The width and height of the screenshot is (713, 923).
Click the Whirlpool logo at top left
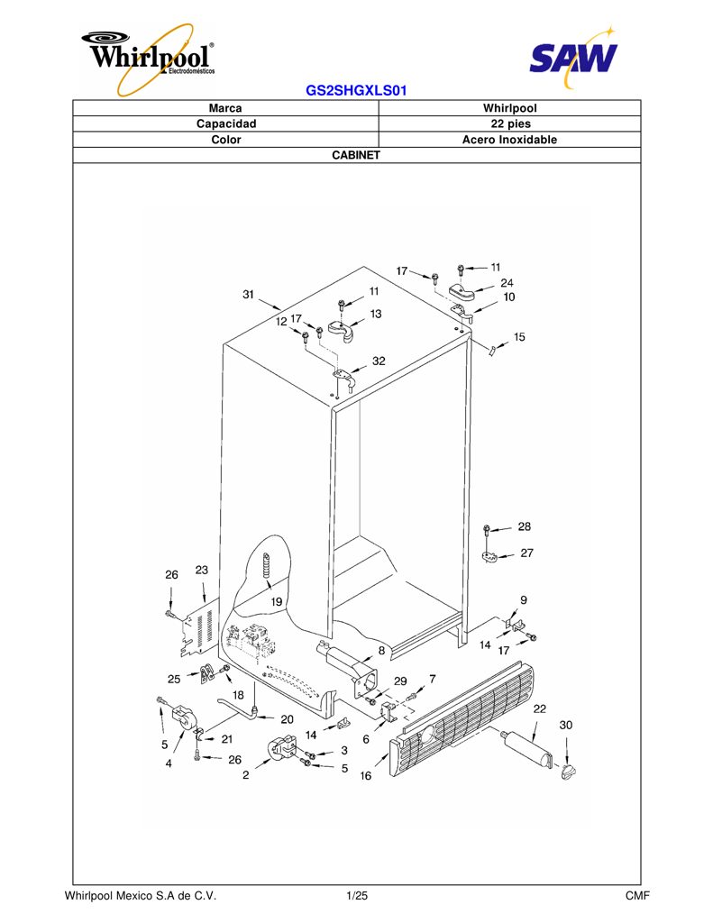tap(149, 58)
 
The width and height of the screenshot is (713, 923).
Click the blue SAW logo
tap(573, 57)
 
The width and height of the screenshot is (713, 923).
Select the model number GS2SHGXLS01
tap(356, 91)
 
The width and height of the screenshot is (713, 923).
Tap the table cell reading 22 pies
tap(510, 123)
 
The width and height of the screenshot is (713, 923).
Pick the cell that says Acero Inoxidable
tap(510, 140)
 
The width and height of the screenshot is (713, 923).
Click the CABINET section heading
tap(356, 155)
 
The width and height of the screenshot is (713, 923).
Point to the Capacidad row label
tap(226, 123)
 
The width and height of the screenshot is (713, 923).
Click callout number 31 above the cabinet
tap(249, 295)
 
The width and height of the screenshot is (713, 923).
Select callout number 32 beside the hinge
tap(379, 361)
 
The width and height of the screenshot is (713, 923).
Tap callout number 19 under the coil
tap(276, 601)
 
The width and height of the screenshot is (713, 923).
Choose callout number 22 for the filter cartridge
tap(539, 708)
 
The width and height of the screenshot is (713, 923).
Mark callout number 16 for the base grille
tap(366, 776)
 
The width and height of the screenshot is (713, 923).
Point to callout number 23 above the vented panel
tap(201, 570)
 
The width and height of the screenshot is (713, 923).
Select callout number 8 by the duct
tap(381, 651)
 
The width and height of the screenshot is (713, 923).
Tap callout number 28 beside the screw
tap(524, 526)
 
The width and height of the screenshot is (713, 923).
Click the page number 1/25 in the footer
tap(357, 896)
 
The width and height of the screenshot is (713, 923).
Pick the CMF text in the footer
tap(637, 896)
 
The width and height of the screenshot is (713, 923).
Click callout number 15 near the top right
tap(518, 337)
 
